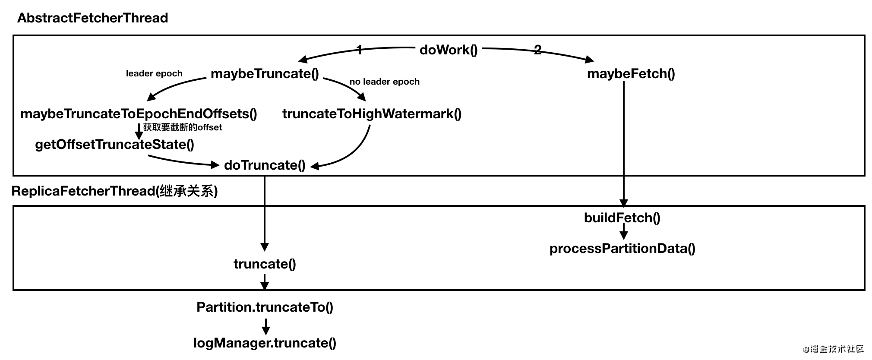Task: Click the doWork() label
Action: (x=449, y=50)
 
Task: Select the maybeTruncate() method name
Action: (x=265, y=74)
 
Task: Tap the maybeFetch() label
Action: (x=631, y=74)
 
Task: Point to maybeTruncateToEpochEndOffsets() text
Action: (x=139, y=114)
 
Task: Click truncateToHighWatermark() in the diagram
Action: (x=372, y=114)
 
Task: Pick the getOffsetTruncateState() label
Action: (x=114, y=145)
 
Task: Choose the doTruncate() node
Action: (x=265, y=165)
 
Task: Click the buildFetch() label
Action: (x=622, y=218)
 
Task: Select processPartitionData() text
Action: (x=622, y=249)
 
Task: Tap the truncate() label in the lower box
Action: (x=265, y=264)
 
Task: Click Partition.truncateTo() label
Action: (x=265, y=307)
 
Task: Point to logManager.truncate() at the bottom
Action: (x=265, y=343)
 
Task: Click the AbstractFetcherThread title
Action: (x=92, y=18)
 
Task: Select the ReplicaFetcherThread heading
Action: (x=114, y=191)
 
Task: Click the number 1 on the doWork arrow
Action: (x=360, y=50)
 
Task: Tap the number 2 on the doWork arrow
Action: (x=537, y=50)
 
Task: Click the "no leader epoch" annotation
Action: (x=384, y=82)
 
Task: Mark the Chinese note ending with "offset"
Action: (x=183, y=127)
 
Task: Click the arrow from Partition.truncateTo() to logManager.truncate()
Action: (x=266, y=326)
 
